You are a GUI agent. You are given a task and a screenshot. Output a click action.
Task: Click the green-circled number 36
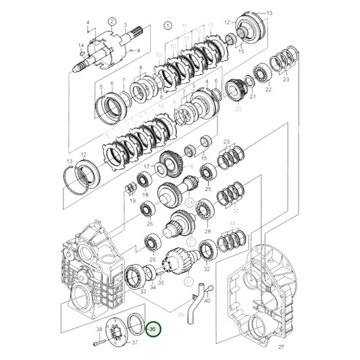coord(153,330)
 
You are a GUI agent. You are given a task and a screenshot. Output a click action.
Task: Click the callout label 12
coord(227,22)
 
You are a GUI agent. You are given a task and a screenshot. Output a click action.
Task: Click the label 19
coord(132,201)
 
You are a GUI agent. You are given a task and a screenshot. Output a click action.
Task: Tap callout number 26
coord(149,224)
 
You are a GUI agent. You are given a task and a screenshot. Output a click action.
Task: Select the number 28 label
coord(207,231)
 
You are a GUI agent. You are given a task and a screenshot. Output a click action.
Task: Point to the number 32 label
coord(206,268)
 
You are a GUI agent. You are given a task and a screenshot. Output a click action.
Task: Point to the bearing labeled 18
coord(144,180)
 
